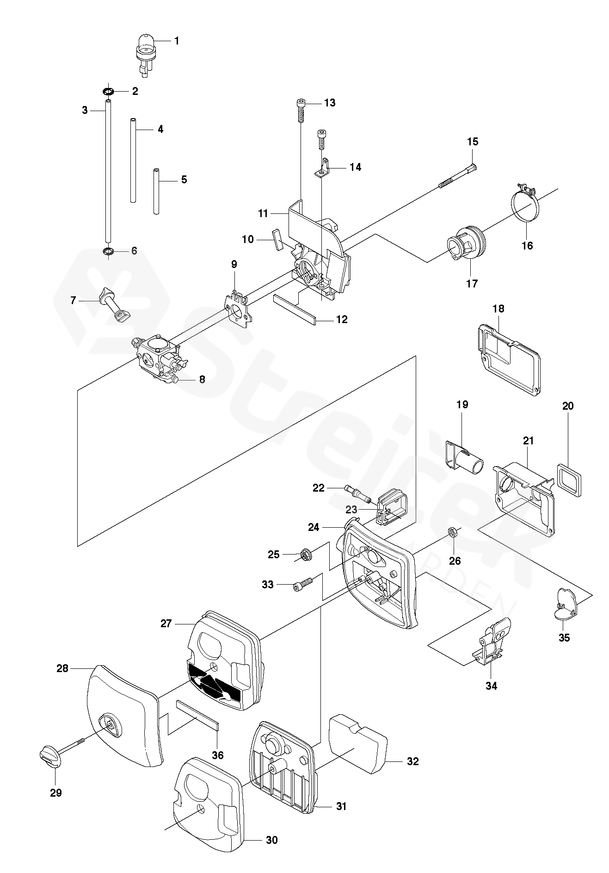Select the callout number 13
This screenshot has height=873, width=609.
point(329,103)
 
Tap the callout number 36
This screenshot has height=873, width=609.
point(217,755)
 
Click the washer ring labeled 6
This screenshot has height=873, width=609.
point(108,251)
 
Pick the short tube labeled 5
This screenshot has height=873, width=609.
point(156,192)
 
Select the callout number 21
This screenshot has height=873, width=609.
point(528,441)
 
